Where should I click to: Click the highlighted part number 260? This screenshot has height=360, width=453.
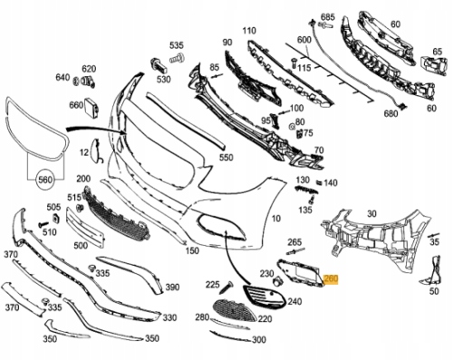pyautogui.click(x=331, y=279)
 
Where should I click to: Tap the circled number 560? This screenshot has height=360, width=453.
pyautogui.click(x=45, y=180)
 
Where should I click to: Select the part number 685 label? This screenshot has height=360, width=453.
pyautogui.click(x=328, y=17)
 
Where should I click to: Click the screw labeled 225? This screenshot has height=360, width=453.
pyautogui.click(x=225, y=287)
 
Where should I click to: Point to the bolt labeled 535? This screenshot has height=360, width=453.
pyautogui.click(x=177, y=58)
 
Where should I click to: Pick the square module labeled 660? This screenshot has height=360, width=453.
pyautogui.click(x=92, y=108)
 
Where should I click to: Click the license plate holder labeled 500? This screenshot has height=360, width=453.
pyautogui.click(x=85, y=228)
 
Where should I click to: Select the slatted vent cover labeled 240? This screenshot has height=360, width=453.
pyautogui.click(x=265, y=296)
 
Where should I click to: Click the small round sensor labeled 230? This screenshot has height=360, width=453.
pyautogui.click(x=277, y=281)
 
